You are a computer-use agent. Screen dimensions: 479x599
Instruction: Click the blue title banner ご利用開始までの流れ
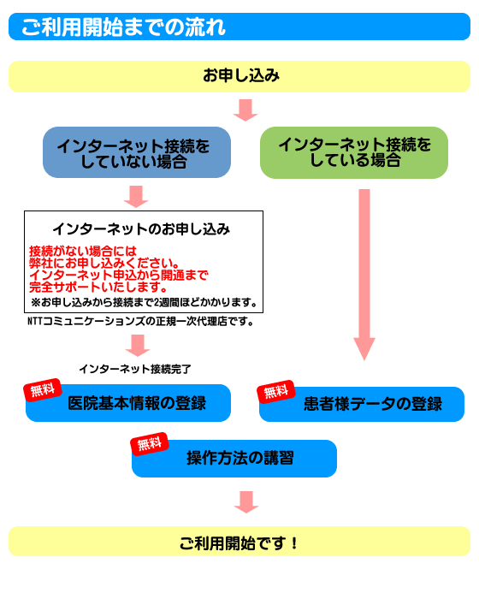pyautogui.click(x=239, y=27)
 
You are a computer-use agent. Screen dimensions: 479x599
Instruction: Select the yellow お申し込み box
pyautogui.click(x=239, y=76)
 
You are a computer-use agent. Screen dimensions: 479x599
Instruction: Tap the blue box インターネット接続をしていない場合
pyautogui.click(x=137, y=152)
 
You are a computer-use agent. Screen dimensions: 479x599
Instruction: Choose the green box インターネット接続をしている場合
pyautogui.click(x=354, y=152)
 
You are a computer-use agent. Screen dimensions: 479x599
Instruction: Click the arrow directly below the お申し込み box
pyautogui.click(x=245, y=110)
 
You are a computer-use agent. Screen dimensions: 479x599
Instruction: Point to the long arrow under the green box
pyautogui.click(x=364, y=275)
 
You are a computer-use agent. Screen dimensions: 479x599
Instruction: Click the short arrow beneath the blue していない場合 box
pyautogui.click(x=136, y=196)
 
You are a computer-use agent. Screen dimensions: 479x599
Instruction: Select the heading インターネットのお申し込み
pyautogui.click(x=141, y=228)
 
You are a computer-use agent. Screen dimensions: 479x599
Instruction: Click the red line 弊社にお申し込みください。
pyautogui.click(x=104, y=263)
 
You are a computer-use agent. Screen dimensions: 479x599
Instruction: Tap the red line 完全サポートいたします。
pyautogui.click(x=98, y=287)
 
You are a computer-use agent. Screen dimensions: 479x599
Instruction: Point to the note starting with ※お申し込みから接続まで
pyautogui.click(x=144, y=303)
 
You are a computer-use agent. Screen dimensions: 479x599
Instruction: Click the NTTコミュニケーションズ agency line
pyautogui.click(x=140, y=321)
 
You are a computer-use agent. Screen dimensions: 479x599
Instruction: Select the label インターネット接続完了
pyautogui.click(x=135, y=369)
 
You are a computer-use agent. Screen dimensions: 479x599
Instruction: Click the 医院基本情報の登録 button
pyautogui.click(x=128, y=403)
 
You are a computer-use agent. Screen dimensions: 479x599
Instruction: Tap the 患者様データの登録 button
pyautogui.click(x=362, y=404)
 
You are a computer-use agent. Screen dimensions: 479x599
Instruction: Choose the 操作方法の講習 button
pyautogui.click(x=234, y=459)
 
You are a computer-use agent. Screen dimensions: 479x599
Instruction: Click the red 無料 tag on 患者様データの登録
pyautogui.click(x=275, y=392)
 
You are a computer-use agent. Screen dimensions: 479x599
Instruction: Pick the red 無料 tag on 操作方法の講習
pyautogui.click(x=150, y=444)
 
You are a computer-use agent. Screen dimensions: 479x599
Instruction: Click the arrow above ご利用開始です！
pyautogui.click(x=246, y=502)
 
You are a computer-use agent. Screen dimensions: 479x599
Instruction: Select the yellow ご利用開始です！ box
pyautogui.click(x=239, y=542)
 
